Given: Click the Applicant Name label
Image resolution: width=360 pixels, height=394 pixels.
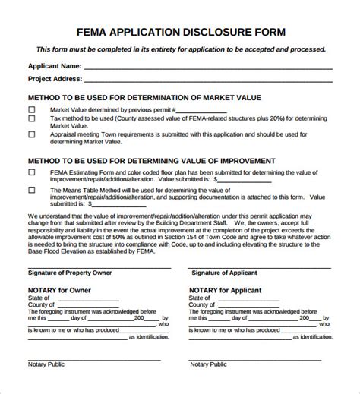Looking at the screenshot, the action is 54,66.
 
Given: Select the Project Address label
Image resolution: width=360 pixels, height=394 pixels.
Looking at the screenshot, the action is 55,78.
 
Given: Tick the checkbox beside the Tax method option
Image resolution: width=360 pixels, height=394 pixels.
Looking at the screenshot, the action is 32,119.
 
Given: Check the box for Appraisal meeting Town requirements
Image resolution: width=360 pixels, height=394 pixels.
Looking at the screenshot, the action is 32,134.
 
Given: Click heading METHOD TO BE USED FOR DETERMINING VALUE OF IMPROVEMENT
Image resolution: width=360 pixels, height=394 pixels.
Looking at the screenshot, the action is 151,161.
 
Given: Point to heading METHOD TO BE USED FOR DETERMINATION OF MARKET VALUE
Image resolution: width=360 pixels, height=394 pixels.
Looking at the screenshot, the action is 144,98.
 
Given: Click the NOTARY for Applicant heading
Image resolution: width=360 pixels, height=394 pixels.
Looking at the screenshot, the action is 226,290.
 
